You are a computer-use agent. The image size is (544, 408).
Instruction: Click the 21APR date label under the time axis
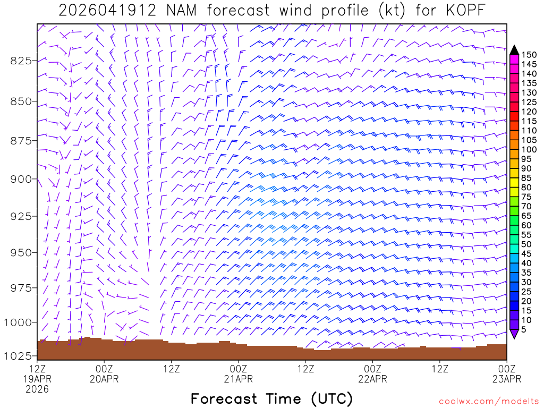coord(238,379)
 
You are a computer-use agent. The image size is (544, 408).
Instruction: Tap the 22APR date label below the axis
coord(372,379)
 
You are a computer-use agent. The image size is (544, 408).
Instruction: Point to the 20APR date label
coord(104,379)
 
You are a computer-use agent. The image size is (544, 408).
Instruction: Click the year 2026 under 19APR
coord(37,389)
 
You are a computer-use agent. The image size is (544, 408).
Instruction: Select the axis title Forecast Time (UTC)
coord(271,398)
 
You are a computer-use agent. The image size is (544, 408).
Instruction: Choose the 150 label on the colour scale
coord(529,55)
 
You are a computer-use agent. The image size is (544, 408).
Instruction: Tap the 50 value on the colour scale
coord(527,244)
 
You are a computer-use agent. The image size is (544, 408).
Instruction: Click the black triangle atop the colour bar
coord(514,50)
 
